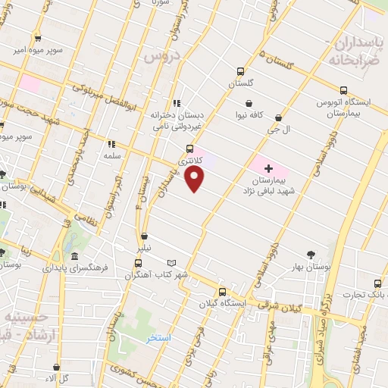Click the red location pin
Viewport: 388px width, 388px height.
click(196, 178)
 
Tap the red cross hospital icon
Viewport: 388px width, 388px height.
click(268, 166)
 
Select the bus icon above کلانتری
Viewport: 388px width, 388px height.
click(189, 149)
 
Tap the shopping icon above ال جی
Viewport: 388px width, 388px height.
click(278, 117)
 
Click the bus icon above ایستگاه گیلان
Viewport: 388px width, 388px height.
click(222, 292)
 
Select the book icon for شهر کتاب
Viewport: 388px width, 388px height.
click(171, 262)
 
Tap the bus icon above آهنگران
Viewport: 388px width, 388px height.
click(138, 263)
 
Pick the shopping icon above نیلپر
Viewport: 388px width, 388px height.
click(144, 236)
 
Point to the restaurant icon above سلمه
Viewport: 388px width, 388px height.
click(111, 143)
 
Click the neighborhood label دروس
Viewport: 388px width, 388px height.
click(160, 55)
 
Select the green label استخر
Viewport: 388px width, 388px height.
click(158, 337)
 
